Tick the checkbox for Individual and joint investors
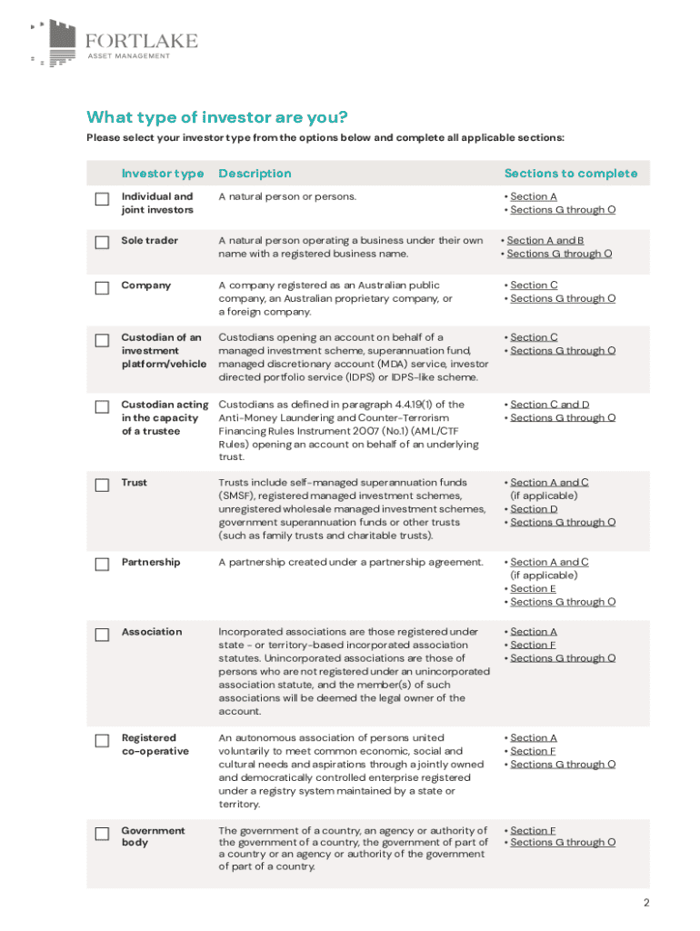pos(103,199)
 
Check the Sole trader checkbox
pos(103,243)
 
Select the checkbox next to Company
pos(103,288)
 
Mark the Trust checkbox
pos(103,486)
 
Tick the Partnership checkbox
pos(103,565)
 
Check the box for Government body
pos(103,833)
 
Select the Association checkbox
pos(103,635)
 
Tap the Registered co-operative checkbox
pos(103,741)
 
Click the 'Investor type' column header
pos(163,174)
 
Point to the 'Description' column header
pos(255,174)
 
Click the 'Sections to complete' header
pos(571,174)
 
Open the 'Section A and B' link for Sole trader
pos(545,241)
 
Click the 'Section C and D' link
pos(549,405)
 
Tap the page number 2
pos(646,903)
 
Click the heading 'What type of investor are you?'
pos(217,117)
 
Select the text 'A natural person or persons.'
pos(287,196)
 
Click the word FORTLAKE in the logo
pos(141,41)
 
